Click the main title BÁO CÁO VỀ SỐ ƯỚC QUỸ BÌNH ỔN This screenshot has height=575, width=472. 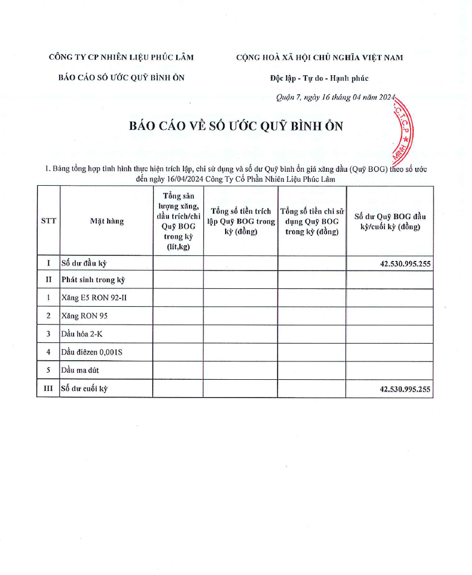point(236,126)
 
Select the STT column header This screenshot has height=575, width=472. point(48,221)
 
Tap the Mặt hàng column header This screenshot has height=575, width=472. point(106,221)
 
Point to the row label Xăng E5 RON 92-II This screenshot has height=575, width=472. point(94,297)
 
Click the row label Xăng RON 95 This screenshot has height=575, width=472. point(85,316)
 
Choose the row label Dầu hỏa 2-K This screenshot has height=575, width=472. point(82,334)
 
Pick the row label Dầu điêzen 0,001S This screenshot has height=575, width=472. point(91,352)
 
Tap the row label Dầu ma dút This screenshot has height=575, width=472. point(80,370)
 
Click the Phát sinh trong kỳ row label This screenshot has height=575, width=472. point(93,279)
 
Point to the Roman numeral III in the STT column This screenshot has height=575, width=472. point(48,389)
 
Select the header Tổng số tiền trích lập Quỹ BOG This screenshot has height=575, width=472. point(240,221)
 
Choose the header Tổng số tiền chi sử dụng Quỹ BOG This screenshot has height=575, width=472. point(312,221)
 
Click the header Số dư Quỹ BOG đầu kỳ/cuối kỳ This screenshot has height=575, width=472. point(390,221)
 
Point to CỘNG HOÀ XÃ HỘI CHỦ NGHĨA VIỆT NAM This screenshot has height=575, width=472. point(319,57)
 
